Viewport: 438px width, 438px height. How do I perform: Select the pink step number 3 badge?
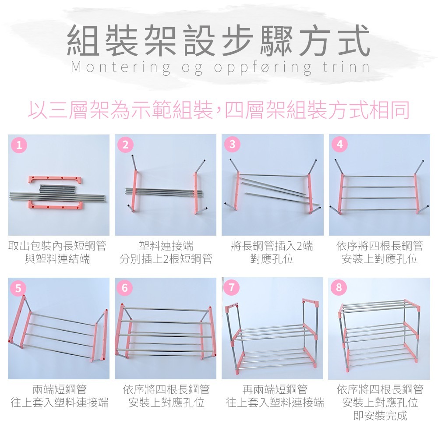232,144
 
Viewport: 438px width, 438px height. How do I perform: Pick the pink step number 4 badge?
339,144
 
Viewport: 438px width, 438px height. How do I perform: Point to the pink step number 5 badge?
18,288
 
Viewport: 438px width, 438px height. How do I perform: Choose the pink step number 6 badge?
125,288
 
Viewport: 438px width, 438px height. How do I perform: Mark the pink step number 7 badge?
232,288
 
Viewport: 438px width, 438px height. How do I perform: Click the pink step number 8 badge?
339,288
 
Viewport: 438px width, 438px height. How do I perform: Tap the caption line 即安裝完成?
380,415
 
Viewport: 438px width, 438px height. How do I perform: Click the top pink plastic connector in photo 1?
55,180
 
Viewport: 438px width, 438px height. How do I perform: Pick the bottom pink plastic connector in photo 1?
55,205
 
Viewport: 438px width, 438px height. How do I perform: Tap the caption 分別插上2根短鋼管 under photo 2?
166,259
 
